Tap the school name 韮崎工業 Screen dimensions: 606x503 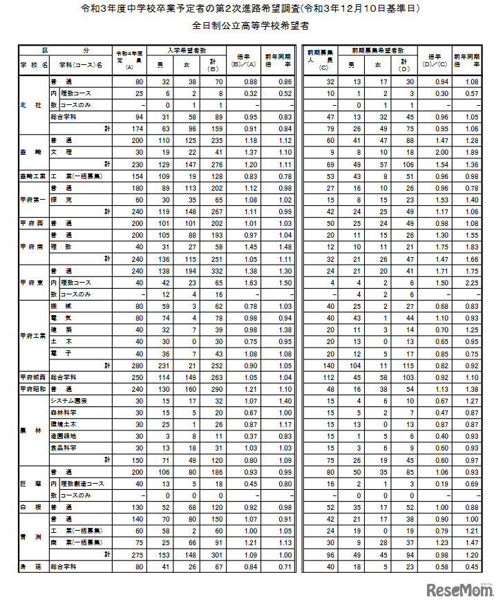pos(33,177)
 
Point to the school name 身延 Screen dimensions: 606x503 pos(33,567)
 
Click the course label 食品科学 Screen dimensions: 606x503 pos(77,448)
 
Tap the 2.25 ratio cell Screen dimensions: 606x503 pos(472,282)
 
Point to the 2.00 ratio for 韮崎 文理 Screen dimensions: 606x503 pos(435,151)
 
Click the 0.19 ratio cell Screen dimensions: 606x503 pos(435,484)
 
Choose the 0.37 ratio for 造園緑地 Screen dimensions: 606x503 pos(243,436)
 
